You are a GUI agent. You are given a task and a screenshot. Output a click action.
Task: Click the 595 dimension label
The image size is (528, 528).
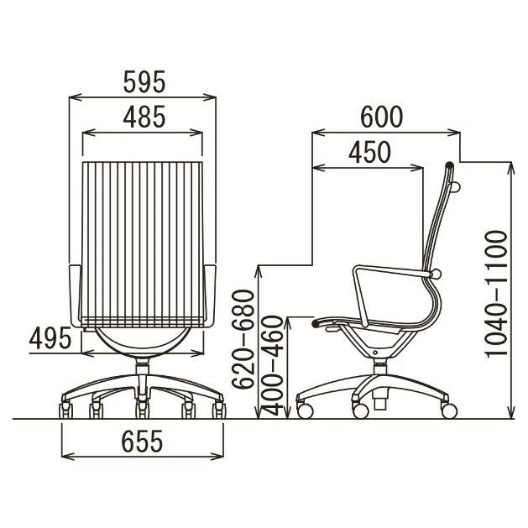click(144, 81)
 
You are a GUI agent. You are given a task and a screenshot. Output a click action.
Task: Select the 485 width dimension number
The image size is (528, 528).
click(144, 117)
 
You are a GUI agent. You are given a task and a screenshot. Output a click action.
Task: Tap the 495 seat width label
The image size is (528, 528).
click(50, 338)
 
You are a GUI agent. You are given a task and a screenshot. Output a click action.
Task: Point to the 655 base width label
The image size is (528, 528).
click(142, 441)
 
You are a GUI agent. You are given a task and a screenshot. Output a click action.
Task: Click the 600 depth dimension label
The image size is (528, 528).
click(382, 118)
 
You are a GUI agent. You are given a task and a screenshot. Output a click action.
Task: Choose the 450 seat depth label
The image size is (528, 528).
click(369, 152)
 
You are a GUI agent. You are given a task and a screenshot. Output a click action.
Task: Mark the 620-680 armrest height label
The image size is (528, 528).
click(243, 339)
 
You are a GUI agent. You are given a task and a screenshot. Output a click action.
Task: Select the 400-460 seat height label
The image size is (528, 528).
click(273, 366)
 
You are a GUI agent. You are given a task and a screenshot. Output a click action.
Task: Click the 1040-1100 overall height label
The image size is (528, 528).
click(495, 293)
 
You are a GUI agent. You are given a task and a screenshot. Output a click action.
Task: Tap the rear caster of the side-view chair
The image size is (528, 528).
click(449, 410)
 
